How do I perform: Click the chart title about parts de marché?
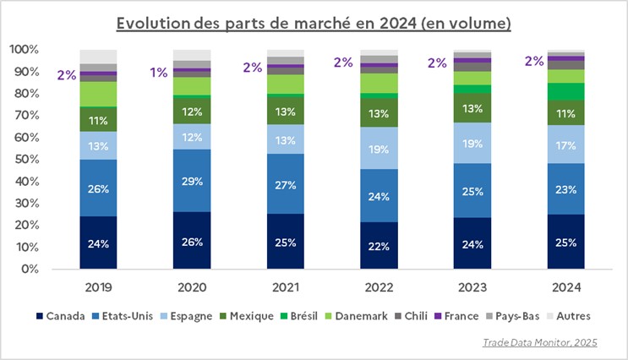click(x=314, y=23)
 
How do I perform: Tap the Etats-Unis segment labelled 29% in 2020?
click(x=192, y=181)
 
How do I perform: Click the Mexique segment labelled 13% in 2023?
click(x=472, y=107)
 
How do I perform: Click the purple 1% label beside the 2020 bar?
click(x=159, y=73)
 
